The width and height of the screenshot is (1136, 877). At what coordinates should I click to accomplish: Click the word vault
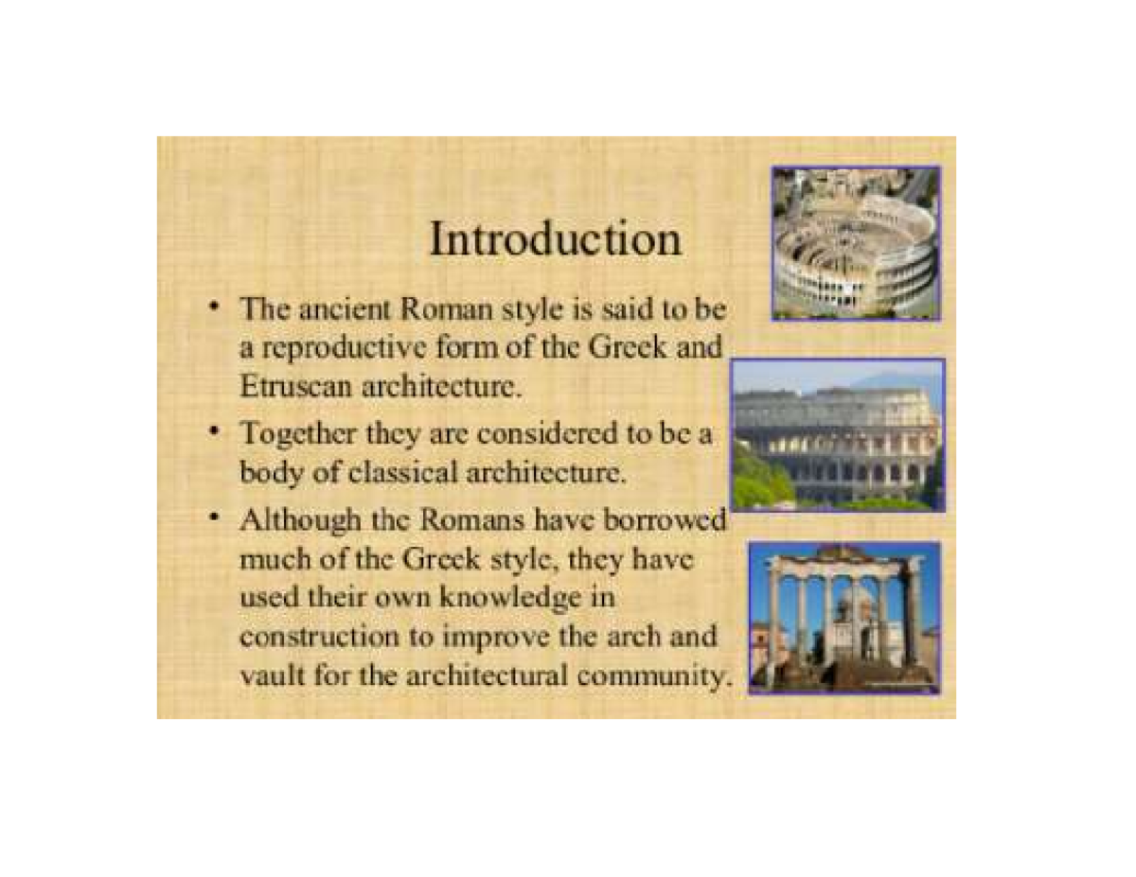267,676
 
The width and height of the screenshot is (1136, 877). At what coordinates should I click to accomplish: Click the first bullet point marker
217,307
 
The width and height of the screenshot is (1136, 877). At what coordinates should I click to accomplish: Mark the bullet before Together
217,434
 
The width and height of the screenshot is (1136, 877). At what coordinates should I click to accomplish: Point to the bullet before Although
217,518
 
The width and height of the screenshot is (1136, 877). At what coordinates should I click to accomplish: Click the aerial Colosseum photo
856,243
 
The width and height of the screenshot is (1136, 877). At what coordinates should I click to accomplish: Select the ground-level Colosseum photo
838,435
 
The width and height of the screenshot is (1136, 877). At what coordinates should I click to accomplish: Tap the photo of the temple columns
843,618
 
